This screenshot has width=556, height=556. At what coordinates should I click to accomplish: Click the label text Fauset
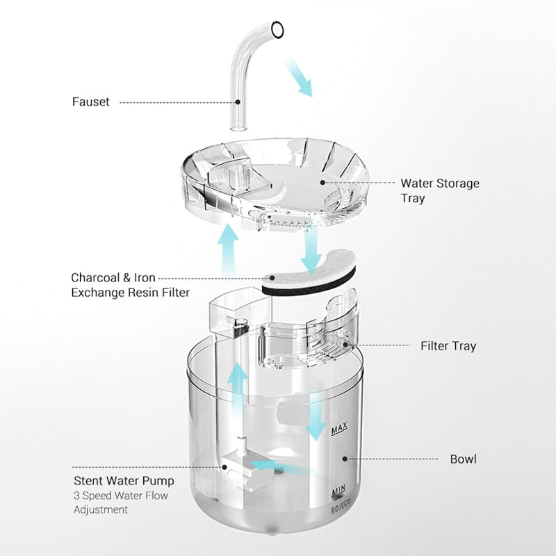pyautogui.click(x=91, y=102)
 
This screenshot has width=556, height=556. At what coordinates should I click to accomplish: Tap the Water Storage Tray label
pyautogui.click(x=439, y=190)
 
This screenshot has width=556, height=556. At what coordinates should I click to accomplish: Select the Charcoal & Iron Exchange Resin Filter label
pyautogui.click(x=130, y=284)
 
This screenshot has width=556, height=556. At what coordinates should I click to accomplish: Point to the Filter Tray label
pyautogui.click(x=448, y=345)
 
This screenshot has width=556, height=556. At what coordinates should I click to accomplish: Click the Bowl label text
pyautogui.click(x=464, y=459)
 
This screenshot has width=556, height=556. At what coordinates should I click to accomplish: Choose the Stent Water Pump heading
pyautogui.click(x=124, y=480)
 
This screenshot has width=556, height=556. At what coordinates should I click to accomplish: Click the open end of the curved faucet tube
pyautogui.click(x=277, y=29)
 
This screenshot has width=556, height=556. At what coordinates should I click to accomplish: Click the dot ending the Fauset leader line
pyautogui.click(x=237, y=102)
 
